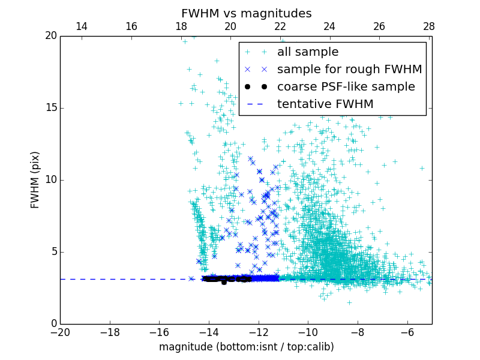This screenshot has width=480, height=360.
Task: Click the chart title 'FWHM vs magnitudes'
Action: click(x=246, y=13)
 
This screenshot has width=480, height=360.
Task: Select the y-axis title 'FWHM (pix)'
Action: click(x=35, y=180)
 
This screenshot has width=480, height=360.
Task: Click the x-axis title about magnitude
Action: click(x=246, y=347)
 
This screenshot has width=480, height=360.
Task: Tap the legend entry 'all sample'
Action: click(x=308, y=52)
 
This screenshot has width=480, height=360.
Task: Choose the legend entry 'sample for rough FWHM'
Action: click(x=349, y=70)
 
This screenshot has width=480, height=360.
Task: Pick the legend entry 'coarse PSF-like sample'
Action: click(x=346, y=87)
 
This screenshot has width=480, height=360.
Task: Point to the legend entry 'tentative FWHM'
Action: click(x=325, y=104)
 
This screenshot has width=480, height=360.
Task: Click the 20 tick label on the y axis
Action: click(x=50, y=36)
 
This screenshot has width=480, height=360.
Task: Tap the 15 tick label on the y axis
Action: click(x=50, y=108)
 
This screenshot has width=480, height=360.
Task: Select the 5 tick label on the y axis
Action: click(x=53, y=252)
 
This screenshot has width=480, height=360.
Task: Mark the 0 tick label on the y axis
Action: click(x=53, y=324)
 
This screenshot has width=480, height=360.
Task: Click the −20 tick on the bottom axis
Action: click(x=60, y=332)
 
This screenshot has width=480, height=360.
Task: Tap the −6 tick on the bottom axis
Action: click(x=407, y=332)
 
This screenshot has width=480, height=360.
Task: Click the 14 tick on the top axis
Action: click(x=82, y=26)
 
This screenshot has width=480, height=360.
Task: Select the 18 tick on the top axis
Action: click(x=181, y=26)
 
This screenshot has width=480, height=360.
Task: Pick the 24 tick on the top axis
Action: click(x=329, y=26)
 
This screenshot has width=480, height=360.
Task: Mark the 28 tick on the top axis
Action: click(x=428, y=26)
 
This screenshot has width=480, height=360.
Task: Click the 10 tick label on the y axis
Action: click(x=50, y=180)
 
